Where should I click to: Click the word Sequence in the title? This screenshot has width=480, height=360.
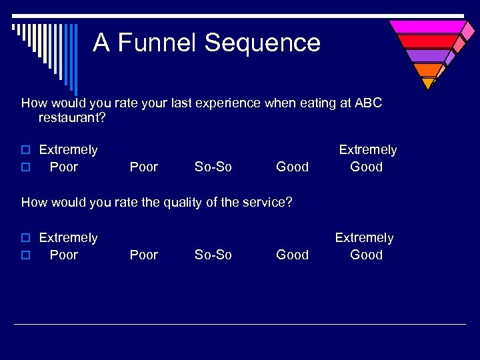[263, 43]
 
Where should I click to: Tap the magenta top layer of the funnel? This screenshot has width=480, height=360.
[427, 27]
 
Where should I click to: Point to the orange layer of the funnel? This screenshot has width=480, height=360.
[427, 70]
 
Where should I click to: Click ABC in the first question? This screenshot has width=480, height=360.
[369, 103]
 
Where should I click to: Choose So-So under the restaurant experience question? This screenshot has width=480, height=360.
[213, 167]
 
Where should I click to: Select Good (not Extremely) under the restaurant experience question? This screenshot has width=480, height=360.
[292, 167]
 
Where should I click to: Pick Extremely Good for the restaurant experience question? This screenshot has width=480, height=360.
[367, 159]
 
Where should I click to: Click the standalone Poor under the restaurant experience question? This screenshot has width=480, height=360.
[144, 167]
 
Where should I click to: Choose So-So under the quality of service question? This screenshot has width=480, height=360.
[213, 255]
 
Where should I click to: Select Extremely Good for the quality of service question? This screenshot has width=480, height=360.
[365, 246]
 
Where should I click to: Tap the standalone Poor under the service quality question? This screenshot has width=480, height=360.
[144, 255]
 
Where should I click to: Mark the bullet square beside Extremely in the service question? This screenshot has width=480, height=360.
[27, 238]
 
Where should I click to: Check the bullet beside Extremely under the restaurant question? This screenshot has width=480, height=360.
[27, 150]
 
